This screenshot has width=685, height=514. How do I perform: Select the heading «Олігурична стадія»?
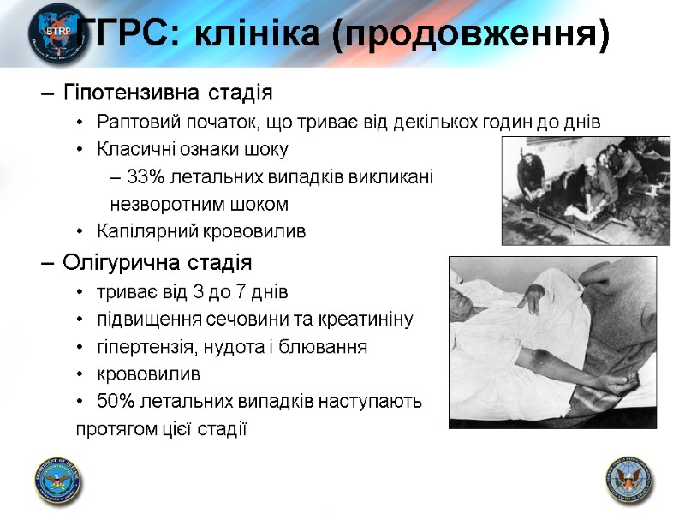click(158, 261)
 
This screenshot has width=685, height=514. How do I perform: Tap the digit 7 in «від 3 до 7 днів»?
click(242, 292)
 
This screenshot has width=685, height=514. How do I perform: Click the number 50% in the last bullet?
click(114, 402)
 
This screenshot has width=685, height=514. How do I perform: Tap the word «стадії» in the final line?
click(223, 428)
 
